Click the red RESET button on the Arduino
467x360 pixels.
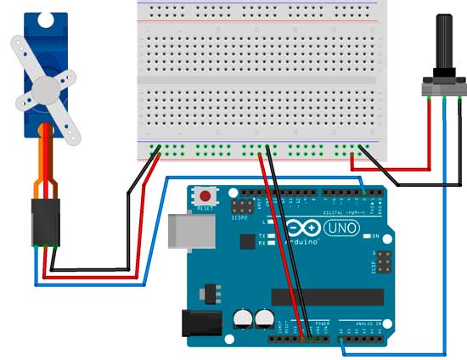pos(205,194)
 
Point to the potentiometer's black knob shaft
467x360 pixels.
pos(442,47)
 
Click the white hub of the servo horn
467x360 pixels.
pos(44,87)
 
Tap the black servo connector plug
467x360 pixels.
pos(43,222)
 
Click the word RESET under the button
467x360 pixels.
pos(205,207)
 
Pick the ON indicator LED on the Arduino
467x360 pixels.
pos(367,235)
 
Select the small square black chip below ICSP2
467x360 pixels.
pos(247,242)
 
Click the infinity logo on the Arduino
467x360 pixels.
pos(301,228)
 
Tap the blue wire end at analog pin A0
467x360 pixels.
pos(340,340)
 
